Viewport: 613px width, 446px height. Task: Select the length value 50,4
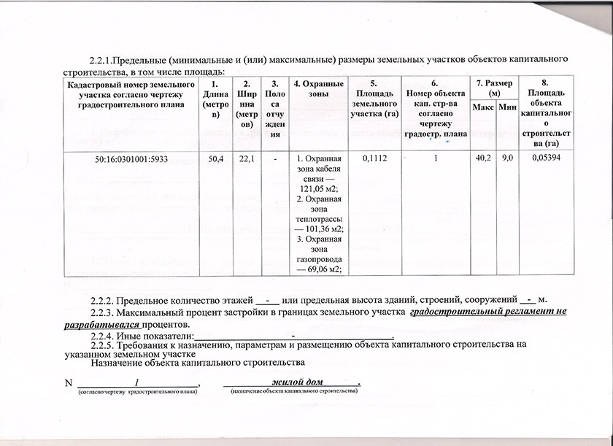coord(216,158)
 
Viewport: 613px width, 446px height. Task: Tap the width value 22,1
coord(246,158)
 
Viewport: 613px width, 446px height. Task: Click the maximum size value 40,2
coord(482,158)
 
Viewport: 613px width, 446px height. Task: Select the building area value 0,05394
coord(545,158)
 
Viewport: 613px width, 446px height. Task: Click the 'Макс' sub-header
coord(482,108)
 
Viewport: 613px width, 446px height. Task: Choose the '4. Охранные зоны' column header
coord(318,89)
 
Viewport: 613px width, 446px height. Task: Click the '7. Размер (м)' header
coord(495,88)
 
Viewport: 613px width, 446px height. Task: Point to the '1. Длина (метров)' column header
coord(216,99)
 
